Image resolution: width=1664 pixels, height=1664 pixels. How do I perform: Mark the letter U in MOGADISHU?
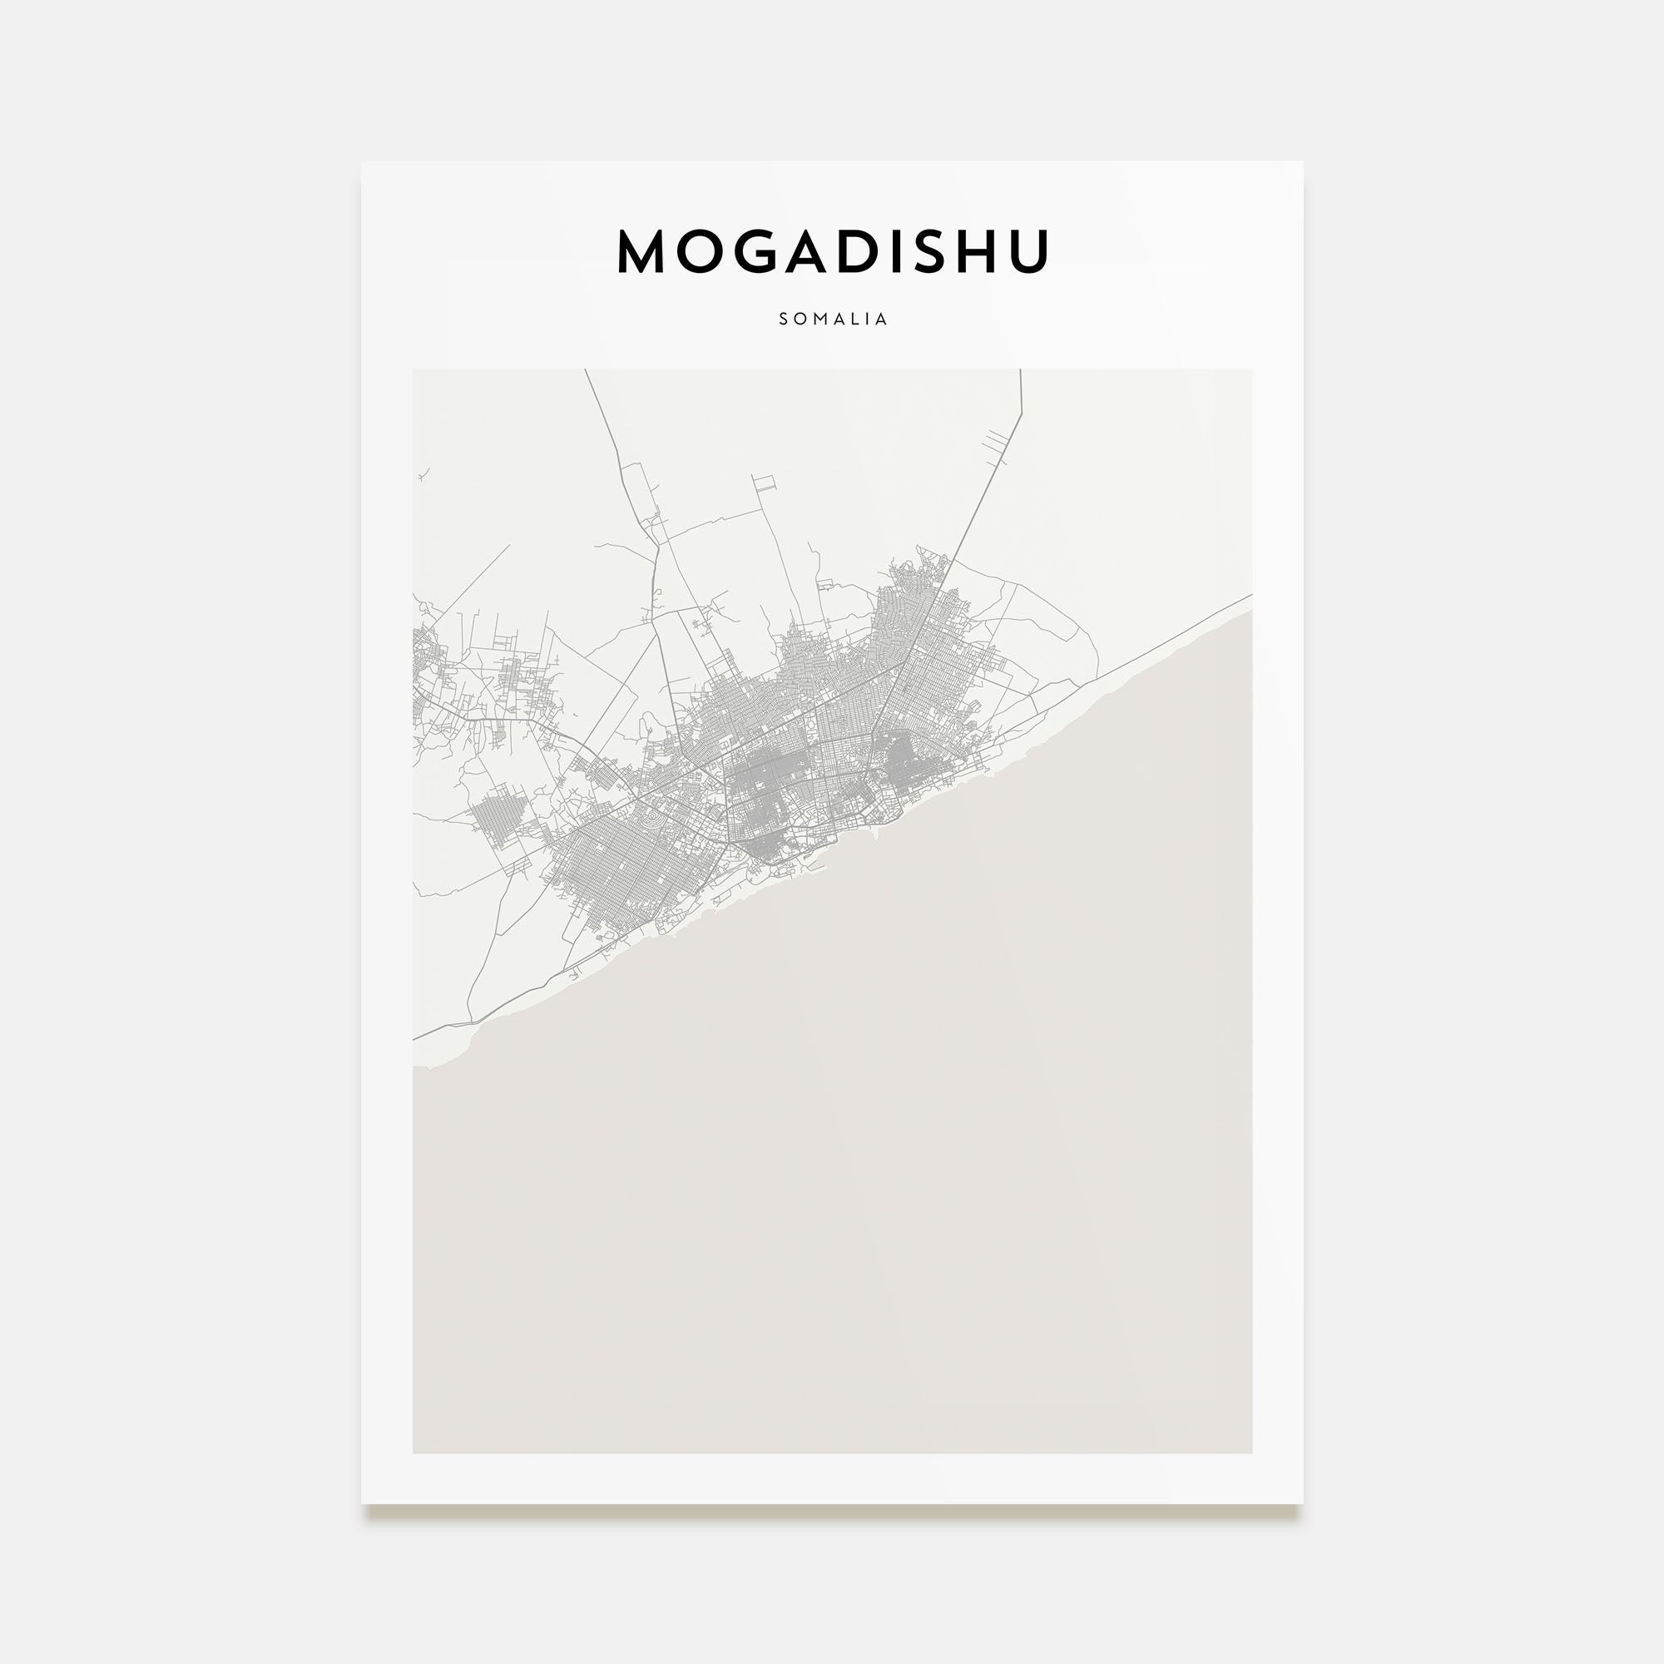point(1032,251)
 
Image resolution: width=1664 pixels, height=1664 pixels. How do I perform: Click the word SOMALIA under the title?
point(832,319)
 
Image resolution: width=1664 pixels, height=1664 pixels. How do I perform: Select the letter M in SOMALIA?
point(817,319)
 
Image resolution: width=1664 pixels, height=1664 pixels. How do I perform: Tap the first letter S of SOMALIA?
point(784,319)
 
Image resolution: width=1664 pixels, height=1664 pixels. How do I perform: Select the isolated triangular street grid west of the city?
point(499,814)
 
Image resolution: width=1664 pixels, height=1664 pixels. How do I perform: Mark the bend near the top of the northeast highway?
point(1022,414)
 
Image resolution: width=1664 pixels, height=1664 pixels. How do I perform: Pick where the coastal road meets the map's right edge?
point(1250,595)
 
